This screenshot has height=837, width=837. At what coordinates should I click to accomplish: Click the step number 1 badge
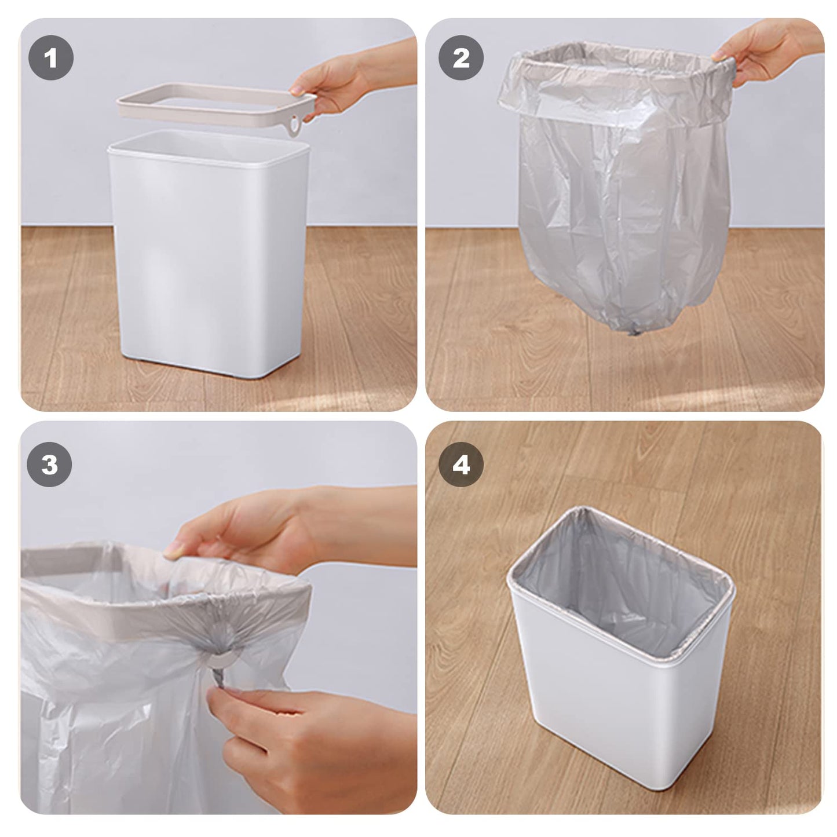tap(51, 58)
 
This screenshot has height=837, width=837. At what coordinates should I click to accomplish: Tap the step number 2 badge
tap(460, 58)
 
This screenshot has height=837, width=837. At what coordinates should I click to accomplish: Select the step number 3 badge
tap(50, 465)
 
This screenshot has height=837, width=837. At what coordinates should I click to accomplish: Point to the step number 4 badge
tap(460, 465)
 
